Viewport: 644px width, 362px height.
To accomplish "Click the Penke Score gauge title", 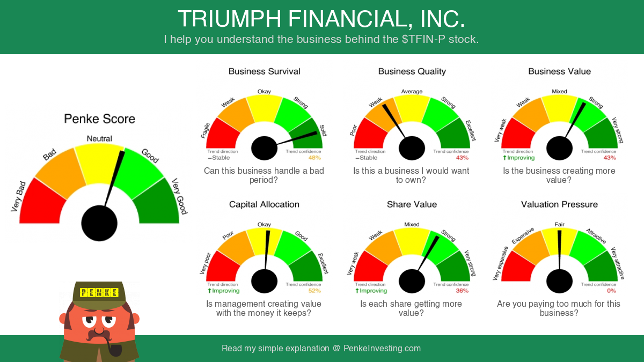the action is pos(99,119).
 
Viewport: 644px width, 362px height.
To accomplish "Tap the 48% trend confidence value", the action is pos(314,158).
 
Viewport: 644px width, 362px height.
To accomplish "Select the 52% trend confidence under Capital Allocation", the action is pos(314,291).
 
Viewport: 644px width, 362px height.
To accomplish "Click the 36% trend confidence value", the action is pos(462,291).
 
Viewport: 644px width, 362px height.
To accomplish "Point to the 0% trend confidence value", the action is pos(611,291).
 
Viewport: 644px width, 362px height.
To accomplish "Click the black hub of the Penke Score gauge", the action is pos(99,223).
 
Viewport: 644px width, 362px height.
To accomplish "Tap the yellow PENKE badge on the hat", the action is pos(99,292).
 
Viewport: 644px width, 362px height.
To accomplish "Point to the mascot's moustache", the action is pos(99,335).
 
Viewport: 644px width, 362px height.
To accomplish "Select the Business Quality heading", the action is pos(412,71).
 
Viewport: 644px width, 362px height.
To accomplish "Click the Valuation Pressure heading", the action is pos(559,204).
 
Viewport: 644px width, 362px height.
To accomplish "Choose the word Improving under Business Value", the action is pos(521,158).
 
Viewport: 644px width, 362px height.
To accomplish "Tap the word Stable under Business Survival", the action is pos(221,158).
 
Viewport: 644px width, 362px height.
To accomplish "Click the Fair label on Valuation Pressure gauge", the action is pos(559,224).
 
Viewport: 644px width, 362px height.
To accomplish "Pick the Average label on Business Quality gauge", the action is pos(412,91).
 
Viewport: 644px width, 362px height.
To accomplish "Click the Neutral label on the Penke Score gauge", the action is pos(99,138).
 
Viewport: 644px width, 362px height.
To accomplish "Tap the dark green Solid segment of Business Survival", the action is pos(308,134).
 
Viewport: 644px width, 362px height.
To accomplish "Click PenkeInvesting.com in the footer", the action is pos(382,348).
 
